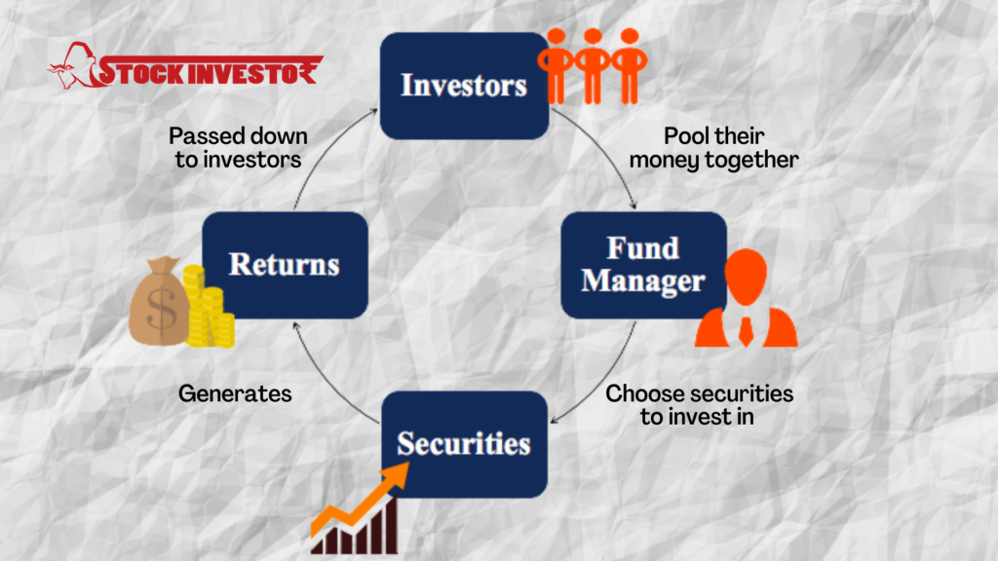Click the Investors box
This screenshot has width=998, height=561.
(464, 86)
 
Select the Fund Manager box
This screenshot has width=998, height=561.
(643, 265)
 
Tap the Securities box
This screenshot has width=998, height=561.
(464, 444)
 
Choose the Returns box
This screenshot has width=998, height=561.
(286, 265)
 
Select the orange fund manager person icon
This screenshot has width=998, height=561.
(746, 298)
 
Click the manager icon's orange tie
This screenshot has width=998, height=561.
(746, 331)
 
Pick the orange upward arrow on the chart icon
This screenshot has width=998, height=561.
(360, 500)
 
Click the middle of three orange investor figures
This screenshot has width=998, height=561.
(593, 65)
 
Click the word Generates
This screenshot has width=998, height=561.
(235, 393)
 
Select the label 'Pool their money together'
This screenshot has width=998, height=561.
(713, 148)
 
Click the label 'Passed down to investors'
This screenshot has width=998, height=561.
(238, 148)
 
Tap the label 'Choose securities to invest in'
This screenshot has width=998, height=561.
(699, 404)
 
